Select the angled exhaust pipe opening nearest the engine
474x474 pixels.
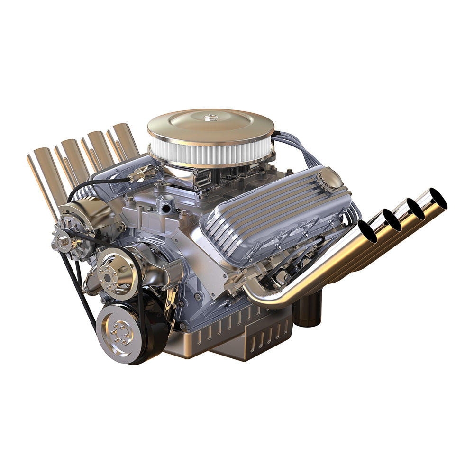[368, 232]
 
